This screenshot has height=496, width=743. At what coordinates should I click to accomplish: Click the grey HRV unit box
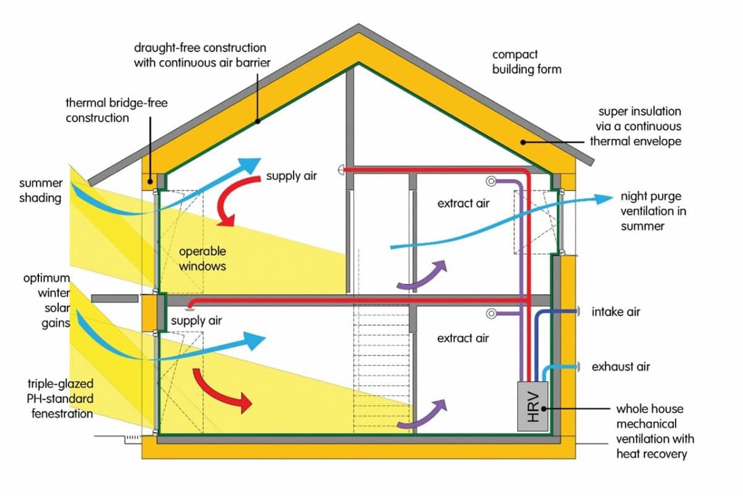pyautogui.click(x=532, y=406)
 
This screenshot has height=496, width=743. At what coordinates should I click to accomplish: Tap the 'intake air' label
pyautogui.click(x=615, y=312)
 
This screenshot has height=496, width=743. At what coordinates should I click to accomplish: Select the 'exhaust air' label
pyautogui.click(x=620, y=367)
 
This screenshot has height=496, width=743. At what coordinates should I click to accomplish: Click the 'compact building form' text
pyautogui.click(x=526, y=62)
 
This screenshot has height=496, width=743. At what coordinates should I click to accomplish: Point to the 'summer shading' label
pyautogui.click(x=41, y=190)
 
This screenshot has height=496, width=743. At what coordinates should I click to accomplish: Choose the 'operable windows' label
pyautogui.click(x=202, y=259)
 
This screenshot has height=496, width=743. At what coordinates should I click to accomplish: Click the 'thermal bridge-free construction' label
pyautogui.click(x=116, y=110)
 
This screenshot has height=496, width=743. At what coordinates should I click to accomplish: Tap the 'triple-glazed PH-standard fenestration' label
pyautogui.click(x=61, y=399)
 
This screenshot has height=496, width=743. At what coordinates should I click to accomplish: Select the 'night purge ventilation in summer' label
pyautogui.click(x=653, y=211)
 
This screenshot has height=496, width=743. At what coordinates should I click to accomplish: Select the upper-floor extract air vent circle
pyautogui.click(x=491, y=182)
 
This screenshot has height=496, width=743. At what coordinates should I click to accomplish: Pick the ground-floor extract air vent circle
pyautogui.click(x=491, y=314)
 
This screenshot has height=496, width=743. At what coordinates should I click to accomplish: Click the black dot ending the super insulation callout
pyautogui.click(x=523, y=142)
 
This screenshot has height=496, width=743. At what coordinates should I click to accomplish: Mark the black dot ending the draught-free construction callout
pyautogui.click(x=258, y=122)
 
